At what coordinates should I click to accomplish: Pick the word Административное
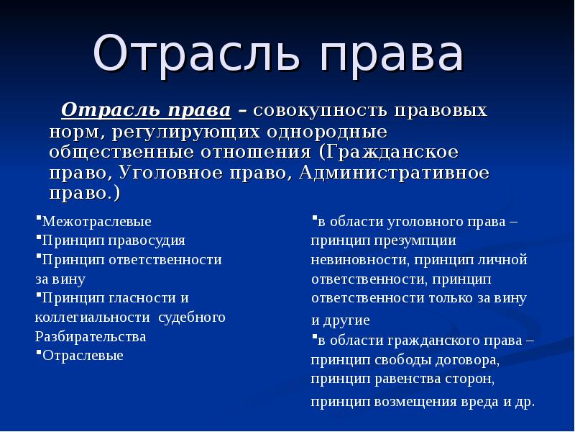coord(394,173)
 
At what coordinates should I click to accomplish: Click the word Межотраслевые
coord(97,222)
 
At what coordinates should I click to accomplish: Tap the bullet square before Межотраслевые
coord(38,217)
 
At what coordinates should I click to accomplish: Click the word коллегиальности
coord(93,318)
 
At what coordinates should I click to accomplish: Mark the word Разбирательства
coord(91,337)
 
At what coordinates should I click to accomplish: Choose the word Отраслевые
coord(83,356)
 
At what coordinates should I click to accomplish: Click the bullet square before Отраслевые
coord(38,351)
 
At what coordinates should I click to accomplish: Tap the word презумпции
coord(415,241)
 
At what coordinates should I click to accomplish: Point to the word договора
coord(468,360)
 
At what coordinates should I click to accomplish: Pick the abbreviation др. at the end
coord(525,402)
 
